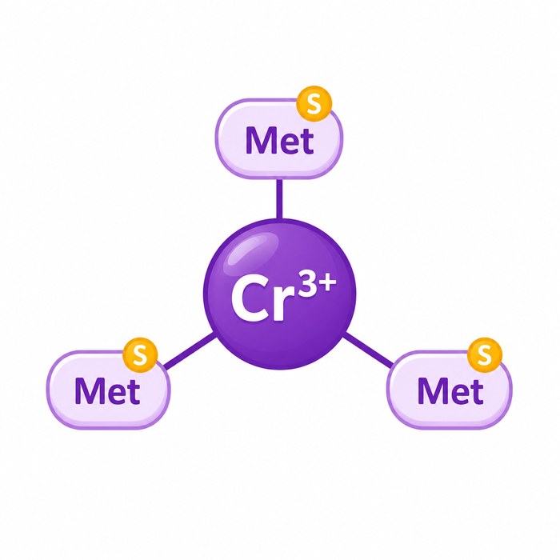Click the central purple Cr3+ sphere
tap(280, 294)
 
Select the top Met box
tap(279, 138)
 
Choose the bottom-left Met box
tap(108, 390)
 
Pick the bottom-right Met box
tap(450, 390)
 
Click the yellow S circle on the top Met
tap(314, 103)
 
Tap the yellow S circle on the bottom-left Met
tap(140, 355)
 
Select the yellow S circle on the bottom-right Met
tap(485, 355)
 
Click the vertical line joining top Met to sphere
tap(279, 198)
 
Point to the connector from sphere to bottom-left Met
tap(190, 350)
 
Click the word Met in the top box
tap(280, 141)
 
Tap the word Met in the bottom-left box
tap(107, 391)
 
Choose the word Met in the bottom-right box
tap(450, 391)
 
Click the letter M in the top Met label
tap(261, 141)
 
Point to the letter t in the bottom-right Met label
tap(477, 393)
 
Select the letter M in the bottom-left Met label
tap(90, 391)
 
